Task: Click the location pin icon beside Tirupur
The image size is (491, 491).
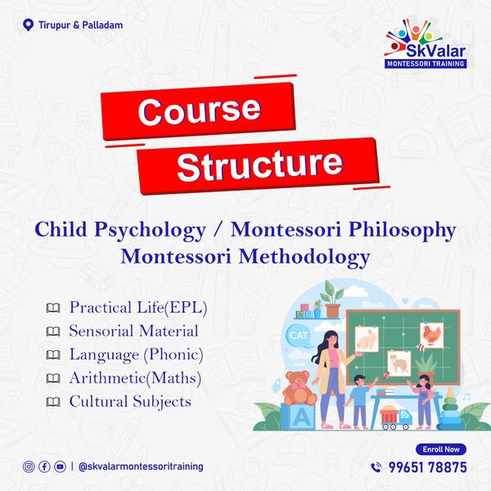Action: (x=28, y=25)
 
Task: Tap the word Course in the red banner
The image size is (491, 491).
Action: (x=199, y=110)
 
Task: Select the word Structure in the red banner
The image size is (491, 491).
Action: (x=260, y=165)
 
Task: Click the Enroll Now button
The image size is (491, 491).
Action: (x=441, y=449)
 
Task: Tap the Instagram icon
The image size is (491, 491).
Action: (x=29, y=466)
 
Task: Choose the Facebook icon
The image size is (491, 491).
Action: (x=44, y=466)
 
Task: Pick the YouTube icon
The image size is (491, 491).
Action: (x=60, y=466)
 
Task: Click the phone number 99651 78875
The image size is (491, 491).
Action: (x=428, y=467)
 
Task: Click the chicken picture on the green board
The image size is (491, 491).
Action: (x=432, y=336)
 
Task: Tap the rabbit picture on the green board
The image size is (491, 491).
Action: (x=367, y=339)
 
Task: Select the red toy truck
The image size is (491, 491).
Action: (x=396, y=417)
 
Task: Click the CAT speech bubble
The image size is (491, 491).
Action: (x=299, y=336)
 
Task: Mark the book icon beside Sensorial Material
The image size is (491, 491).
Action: (x=53, y=331)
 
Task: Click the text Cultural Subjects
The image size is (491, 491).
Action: (x=130, y=402)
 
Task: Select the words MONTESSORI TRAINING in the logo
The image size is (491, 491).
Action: (x=426, y=64)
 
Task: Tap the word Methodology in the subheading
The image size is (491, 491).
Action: (x=304, y=257)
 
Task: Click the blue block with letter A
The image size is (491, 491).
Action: (x=299, y=417)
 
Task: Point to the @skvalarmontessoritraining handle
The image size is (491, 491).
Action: (x=141, y=466)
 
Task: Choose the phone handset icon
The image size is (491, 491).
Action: (x=376, y=467)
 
